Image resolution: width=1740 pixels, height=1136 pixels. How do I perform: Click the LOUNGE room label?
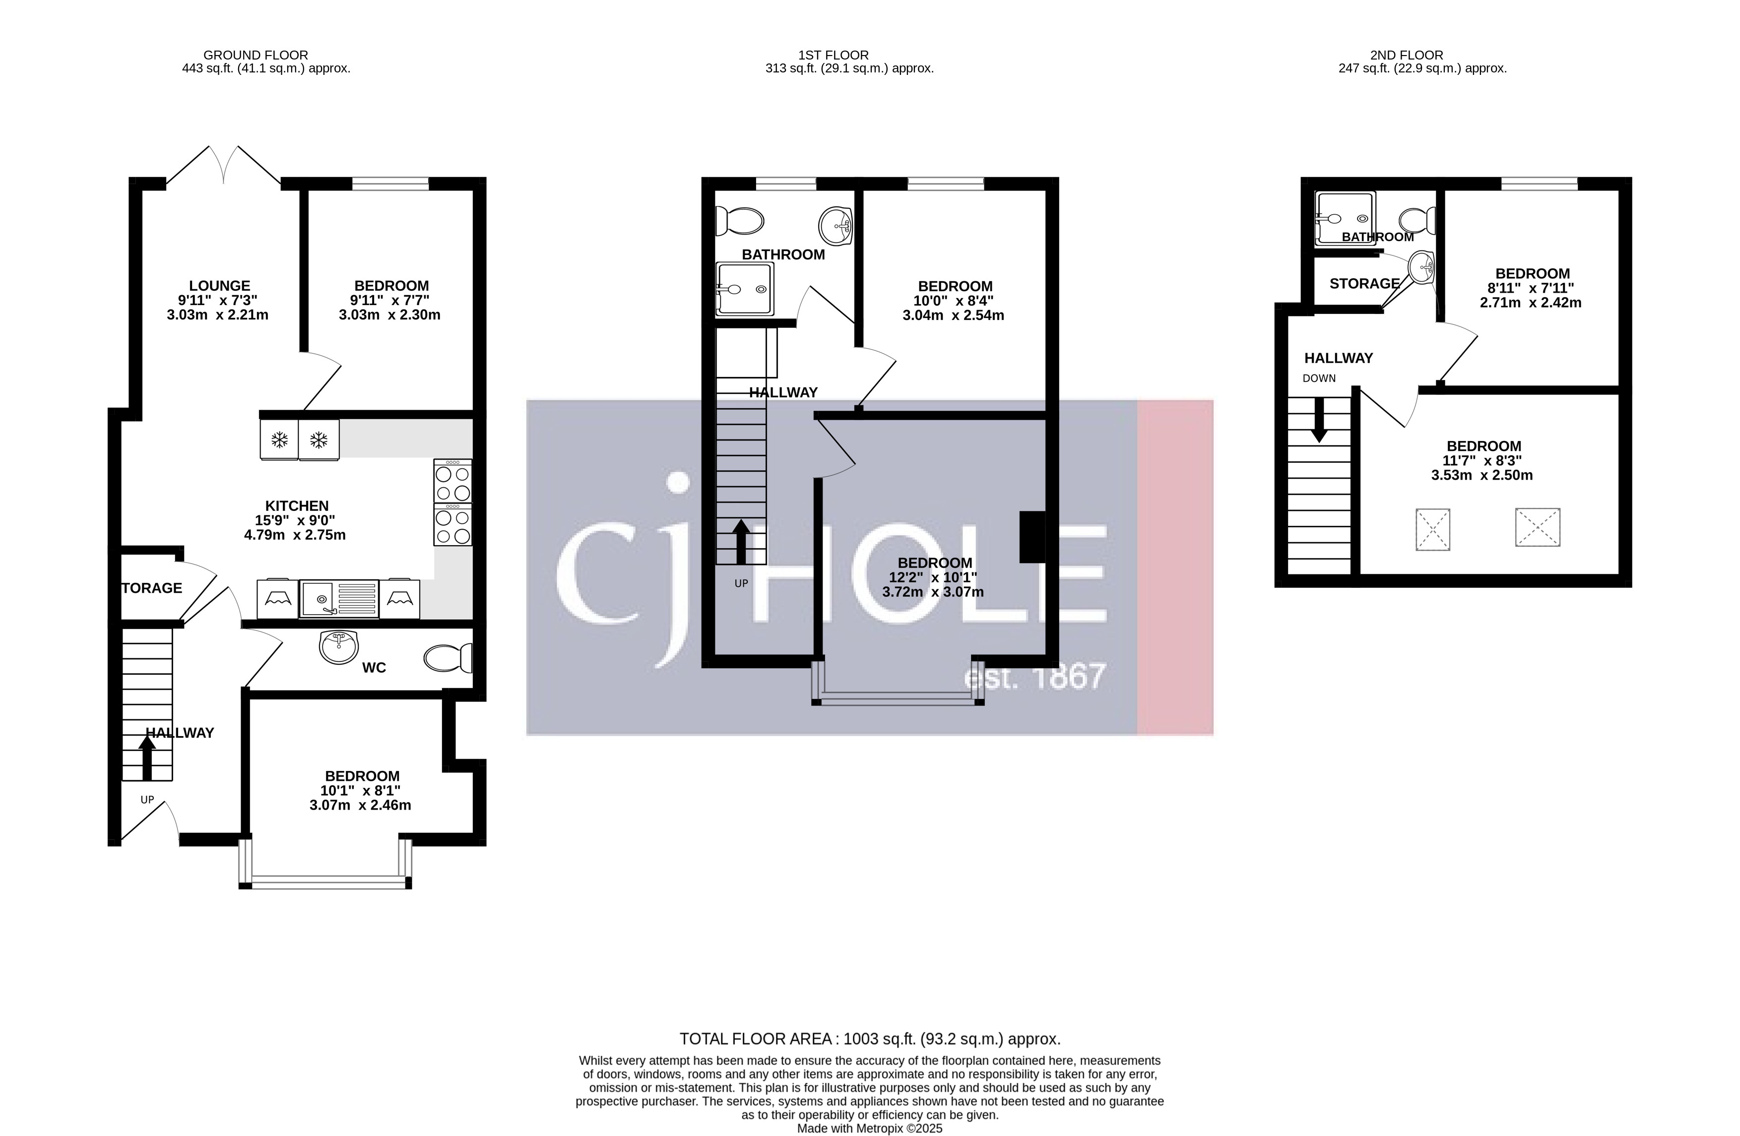(x=219, y=286)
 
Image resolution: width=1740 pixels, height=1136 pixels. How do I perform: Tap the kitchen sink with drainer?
(x=338, y=599)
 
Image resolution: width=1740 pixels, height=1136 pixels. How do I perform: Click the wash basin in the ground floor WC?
(x=338, y=646)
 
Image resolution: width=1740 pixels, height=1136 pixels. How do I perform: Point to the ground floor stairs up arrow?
(x=147, y=758)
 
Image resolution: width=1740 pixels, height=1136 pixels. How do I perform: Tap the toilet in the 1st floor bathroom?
(x=739, y=220)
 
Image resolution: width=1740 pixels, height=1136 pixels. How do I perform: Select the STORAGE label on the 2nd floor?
(x=1363, y=284)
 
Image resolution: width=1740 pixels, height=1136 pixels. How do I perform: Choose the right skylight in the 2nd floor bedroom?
(x=1538, y=527)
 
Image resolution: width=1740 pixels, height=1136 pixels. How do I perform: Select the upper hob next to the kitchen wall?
(x=452, y=481)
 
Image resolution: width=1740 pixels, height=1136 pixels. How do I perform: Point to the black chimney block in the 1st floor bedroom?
(x=1031, y=537)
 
